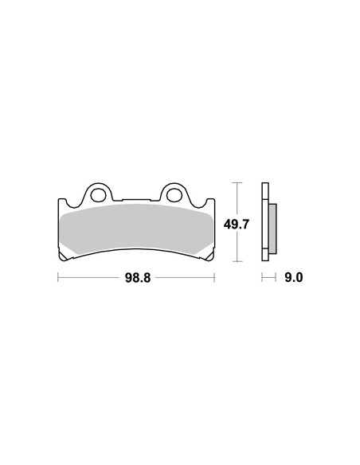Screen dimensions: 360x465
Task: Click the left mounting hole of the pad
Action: [x=97, y=195]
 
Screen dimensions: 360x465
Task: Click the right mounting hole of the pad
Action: [x=174, y=195]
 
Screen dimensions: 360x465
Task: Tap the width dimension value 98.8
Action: [x=138, y=278]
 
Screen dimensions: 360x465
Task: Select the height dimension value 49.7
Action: [x=237, y=225]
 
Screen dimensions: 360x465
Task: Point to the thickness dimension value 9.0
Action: [x=293, y=278]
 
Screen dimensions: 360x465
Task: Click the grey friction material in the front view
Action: [x=136, y=229]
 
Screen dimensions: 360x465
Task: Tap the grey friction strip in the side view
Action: [x=272, y=229]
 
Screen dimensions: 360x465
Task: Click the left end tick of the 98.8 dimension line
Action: [x=58, y=278]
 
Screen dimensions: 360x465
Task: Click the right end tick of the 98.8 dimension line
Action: [x=214, y=278]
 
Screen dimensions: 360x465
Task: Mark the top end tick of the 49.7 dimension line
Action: [x=237, y=182]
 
